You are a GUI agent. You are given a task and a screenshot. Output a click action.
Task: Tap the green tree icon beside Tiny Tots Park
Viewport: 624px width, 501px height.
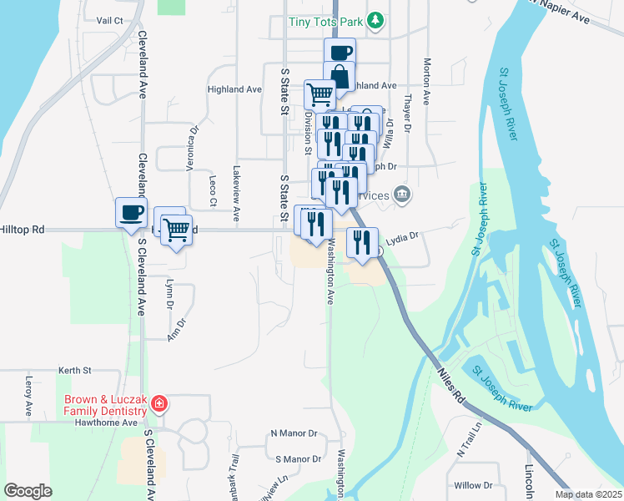point(377,19)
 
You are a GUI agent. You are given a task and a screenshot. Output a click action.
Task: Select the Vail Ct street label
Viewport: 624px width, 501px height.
point(109,20)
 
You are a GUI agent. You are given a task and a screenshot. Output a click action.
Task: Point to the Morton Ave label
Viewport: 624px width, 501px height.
point(426,81)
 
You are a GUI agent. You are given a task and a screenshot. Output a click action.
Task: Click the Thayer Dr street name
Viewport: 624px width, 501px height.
point(408,113)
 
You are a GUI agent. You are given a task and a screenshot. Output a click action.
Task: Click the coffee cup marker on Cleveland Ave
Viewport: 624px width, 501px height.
point(131,213)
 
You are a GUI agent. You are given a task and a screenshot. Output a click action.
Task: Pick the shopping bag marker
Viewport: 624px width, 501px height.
point(340,76)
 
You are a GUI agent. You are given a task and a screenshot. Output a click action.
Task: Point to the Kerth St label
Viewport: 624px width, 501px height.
point(74,370)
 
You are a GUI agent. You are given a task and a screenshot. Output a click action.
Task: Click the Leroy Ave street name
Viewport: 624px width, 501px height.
point(28,397)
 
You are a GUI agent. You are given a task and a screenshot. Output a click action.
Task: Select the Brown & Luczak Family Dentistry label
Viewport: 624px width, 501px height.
point(104,405)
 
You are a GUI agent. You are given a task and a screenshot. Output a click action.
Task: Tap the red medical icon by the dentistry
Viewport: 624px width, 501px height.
point(159,406)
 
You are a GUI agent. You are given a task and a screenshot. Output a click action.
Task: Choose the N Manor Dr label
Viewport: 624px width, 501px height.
point(294,434)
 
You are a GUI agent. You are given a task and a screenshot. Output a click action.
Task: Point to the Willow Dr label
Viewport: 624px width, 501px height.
point(474,485)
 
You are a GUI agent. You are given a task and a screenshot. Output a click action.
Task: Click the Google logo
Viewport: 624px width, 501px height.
point(28,491)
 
